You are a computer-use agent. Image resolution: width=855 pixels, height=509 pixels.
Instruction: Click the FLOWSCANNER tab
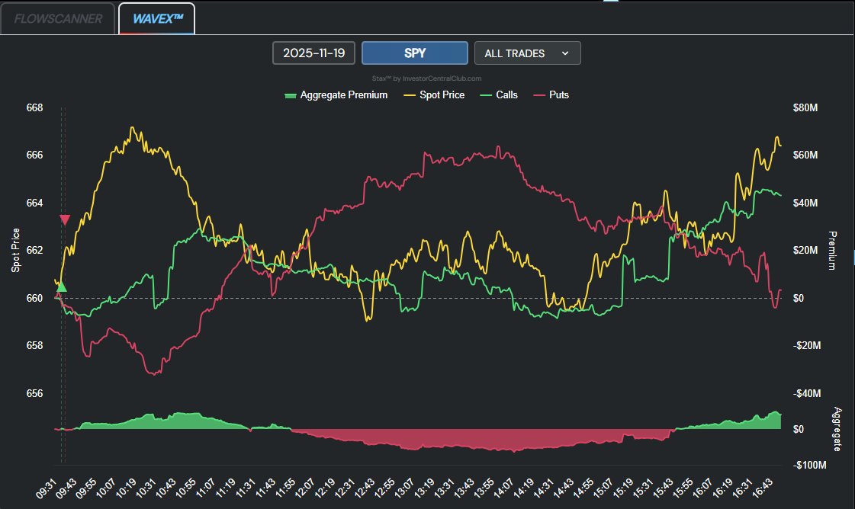coord(58,19)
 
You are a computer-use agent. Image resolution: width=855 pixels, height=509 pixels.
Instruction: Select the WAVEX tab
coord(157,19)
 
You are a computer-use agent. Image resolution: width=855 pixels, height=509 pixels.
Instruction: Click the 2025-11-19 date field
coord(313,53)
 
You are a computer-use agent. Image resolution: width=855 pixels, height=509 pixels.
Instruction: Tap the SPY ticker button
coord(414,53)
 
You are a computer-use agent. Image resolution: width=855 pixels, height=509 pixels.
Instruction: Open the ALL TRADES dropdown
coord(527,53)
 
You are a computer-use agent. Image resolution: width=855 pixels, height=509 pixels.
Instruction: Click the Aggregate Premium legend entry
coord(336,95)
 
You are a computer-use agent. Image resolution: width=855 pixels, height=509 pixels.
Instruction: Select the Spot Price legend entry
coord(434,95)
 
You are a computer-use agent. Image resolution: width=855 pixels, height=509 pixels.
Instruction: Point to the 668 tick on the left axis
coord(35,108)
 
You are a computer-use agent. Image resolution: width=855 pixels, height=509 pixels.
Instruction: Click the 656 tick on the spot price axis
coord(35,393)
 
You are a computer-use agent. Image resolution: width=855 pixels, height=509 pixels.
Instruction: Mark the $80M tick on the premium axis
coord(805,108)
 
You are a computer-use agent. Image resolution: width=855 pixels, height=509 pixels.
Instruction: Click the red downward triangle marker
coord(65,220)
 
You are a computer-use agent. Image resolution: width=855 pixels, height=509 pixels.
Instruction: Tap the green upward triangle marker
coord(62,287)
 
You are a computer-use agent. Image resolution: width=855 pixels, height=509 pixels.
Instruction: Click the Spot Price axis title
coord(16,250)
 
